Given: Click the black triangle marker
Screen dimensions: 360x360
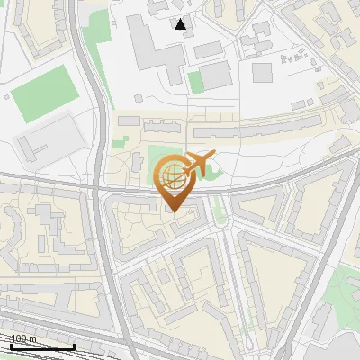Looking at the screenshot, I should click(x=182, y=24).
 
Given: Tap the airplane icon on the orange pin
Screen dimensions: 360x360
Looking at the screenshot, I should click(x=197, y=165).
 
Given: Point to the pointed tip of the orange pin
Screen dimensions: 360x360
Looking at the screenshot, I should click(x=173, y=211).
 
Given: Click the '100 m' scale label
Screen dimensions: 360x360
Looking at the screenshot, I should click(x=23, y=338).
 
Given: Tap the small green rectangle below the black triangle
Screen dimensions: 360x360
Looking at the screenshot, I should click(x=195, y=82).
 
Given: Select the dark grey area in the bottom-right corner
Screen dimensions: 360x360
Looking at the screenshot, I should click(x=346, y=346).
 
